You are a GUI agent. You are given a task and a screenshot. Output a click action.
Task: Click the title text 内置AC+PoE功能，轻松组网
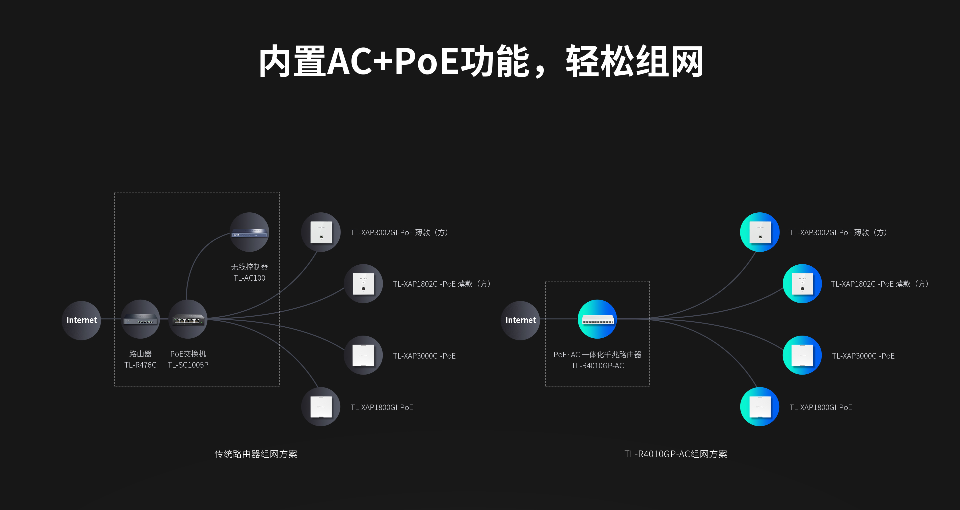tap(481, 61)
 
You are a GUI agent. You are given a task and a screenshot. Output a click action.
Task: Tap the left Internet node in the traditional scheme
tap(81, 320)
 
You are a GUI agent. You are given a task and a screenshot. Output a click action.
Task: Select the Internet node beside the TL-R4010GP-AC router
tap(520, 320)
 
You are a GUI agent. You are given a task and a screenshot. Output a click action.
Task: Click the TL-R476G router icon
tap(140, 319)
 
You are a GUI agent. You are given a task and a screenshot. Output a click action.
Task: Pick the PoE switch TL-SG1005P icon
tap(188, 319)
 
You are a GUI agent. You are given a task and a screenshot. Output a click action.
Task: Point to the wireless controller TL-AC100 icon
tap(249, 232)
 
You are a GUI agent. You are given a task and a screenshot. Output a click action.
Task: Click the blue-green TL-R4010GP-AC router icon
tap(597, 319)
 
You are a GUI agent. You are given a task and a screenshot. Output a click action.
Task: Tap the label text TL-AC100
tap(249, 278)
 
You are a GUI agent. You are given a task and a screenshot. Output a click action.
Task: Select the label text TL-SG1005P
tap(188, 365)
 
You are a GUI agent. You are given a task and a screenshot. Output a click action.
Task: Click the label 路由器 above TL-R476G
tap(140, 354)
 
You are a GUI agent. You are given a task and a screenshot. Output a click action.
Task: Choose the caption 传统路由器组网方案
tap(256, 454)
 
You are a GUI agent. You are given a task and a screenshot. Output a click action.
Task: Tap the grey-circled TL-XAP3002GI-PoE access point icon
tap(321, 232)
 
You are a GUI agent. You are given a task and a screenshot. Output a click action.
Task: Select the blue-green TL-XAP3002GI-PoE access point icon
tap(759, 232)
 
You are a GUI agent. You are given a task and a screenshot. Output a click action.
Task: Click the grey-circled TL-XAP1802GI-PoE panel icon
tap(363, 284)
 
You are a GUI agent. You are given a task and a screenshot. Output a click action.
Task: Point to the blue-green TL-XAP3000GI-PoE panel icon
tap(802, 355)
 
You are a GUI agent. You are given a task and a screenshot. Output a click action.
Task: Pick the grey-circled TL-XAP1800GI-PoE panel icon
tap(321, 407)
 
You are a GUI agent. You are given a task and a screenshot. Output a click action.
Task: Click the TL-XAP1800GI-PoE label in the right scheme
tap(820, 408)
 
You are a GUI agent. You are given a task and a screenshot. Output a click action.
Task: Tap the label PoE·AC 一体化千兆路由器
tap(597, 355)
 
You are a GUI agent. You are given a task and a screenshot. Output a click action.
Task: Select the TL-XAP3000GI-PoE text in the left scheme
tap(424, 356)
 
